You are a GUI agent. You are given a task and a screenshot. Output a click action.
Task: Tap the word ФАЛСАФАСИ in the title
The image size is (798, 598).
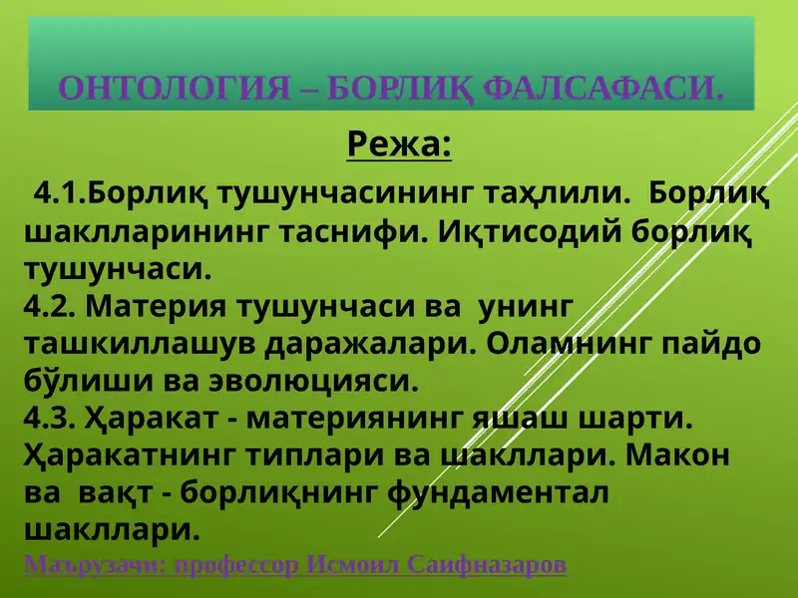click(602, 90)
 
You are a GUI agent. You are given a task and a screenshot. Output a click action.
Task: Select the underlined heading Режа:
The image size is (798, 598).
click(399, 146)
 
